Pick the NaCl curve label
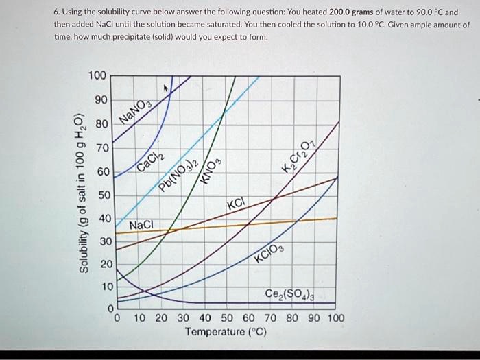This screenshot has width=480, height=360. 142,225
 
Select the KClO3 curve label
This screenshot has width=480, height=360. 267,260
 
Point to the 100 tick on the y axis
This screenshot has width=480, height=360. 97,75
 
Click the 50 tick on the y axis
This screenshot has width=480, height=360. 100,195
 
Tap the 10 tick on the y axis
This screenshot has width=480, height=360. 100,287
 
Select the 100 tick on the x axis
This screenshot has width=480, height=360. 336,319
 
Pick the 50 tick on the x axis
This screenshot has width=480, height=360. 226,319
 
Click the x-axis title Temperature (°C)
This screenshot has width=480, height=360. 226,333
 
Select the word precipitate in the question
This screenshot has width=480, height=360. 132,36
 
